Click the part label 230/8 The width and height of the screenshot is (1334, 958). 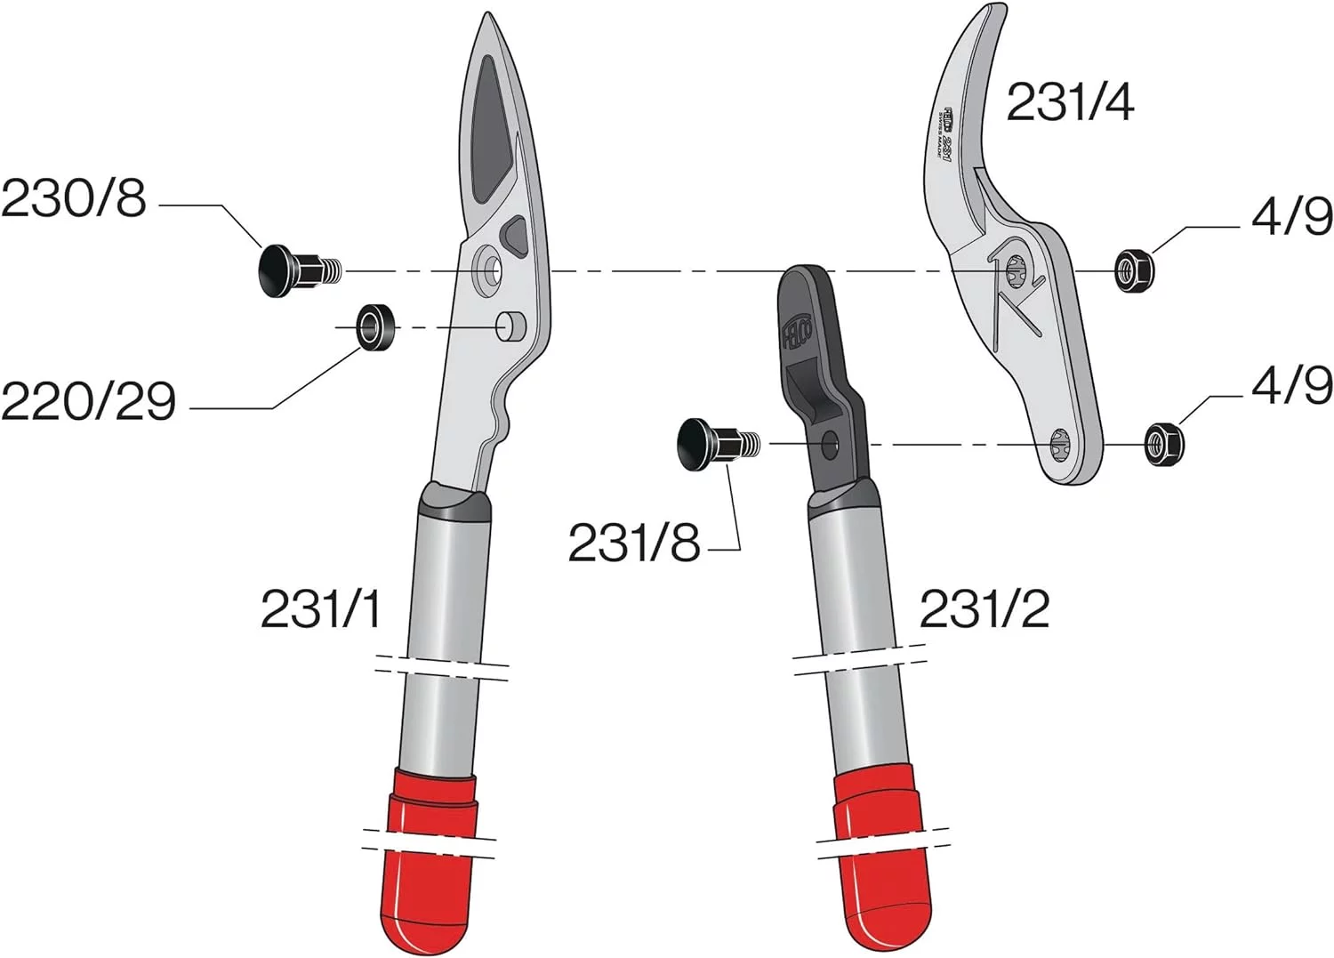[x=74, y=198]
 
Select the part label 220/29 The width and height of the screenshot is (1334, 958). [x=88, y=401]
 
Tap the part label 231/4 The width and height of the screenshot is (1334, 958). [x=1070, y=102]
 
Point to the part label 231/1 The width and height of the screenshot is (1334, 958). [x=321, y=609]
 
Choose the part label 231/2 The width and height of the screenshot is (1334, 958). [x=984, y=609]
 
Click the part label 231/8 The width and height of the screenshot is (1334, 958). [x=634, y=542]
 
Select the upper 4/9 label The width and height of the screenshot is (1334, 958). [x=1291, y=216]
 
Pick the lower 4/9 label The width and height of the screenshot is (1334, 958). [x=1291, y=385]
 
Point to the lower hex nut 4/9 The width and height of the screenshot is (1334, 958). [x=1164, y=443]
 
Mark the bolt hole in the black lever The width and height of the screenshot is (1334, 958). [x=830, y=445]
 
